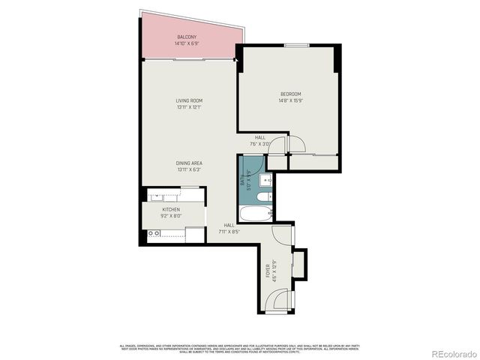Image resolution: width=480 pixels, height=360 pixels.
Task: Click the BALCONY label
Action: [187, 37]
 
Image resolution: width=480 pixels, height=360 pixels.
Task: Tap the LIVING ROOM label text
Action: [189, 100]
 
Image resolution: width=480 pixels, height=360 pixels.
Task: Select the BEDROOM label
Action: [291, 94]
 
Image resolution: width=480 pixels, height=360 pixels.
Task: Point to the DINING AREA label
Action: [189, 163]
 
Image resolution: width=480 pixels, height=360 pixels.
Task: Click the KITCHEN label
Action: [171, 209]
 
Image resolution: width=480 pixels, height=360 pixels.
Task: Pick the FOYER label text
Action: [267, 269]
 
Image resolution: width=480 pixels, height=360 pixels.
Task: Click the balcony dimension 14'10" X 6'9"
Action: [187, 43]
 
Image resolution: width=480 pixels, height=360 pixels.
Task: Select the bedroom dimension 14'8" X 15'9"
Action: [291, 100]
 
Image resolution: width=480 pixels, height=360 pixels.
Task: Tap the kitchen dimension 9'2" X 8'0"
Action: [171, 216]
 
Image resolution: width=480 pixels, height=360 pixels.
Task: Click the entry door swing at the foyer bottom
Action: [279, 300]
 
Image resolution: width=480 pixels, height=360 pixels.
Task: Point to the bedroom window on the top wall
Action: [297, 45]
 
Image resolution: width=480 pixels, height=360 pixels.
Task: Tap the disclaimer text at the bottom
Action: [240, 347]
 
